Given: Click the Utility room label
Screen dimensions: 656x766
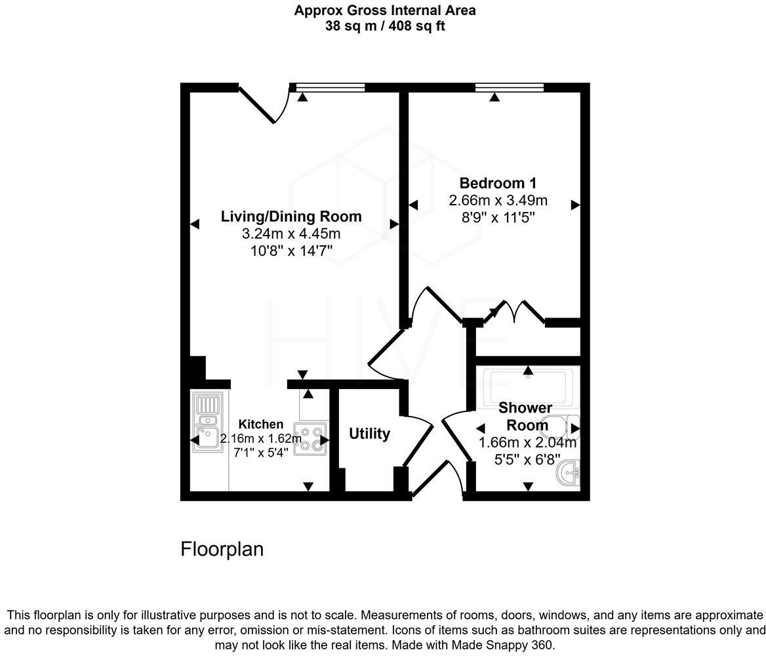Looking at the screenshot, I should pos(369,434).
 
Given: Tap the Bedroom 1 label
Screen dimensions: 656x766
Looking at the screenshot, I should pos(497,183).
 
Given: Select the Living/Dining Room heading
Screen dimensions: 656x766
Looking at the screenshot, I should pos(291,216).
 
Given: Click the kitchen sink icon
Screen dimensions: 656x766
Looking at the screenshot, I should pos(207,422).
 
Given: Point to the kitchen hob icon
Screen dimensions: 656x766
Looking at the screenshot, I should pos(310,440).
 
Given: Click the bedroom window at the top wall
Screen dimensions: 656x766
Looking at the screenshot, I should pos(510,87).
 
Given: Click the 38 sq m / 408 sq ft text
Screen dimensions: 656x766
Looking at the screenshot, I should pos(385,26).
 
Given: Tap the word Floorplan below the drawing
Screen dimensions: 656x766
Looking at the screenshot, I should pos(222,549).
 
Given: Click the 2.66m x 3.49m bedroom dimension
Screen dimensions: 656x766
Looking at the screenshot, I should pos(498,200).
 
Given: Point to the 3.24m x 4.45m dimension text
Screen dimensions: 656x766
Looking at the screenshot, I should pos(291,234).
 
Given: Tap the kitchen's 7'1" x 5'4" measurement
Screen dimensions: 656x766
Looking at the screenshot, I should pos(261,452).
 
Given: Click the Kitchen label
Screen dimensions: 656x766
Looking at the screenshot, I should pos(261,424).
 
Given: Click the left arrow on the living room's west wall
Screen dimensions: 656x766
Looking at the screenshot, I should pos(194,224).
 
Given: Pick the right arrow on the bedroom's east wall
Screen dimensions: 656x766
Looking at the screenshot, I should pos(576,205).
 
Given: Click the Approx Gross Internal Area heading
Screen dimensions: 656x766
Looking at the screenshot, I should pos(385,10).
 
